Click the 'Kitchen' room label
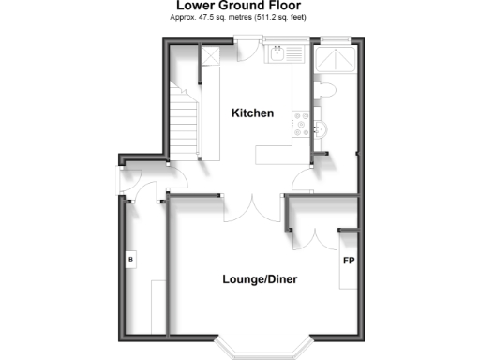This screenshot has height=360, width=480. pos(253,113)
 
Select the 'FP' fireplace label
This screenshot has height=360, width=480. pos(348,260)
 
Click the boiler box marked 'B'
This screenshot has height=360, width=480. pos(130,258)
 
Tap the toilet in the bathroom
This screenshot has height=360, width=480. pos(327,90)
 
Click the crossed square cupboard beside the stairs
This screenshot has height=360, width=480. pos(211,57)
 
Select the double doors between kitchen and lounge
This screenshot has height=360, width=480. pos(253,208)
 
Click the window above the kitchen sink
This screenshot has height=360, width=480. pos(283,40)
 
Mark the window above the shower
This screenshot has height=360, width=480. pos(335,40)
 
